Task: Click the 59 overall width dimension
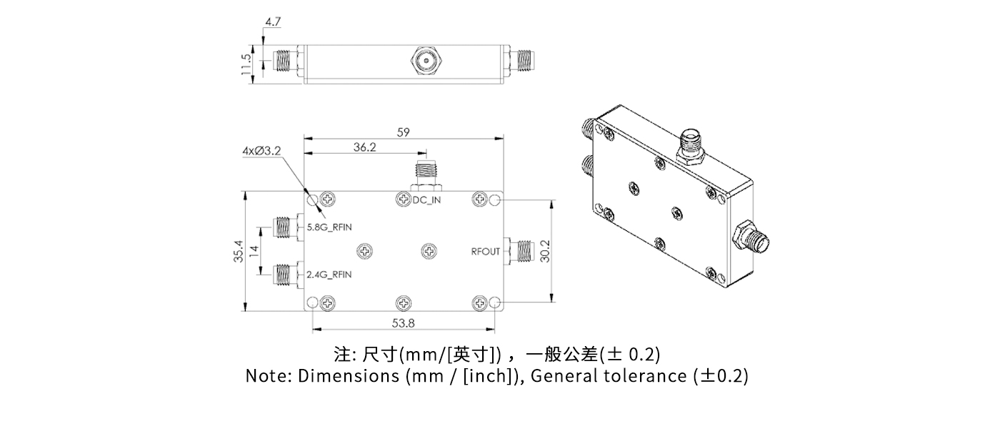404,132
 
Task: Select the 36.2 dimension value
364,147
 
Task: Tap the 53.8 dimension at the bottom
404,323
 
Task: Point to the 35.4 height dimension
239,251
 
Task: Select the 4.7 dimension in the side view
273,21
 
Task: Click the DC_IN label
426,200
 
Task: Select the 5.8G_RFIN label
329,227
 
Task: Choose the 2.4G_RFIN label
329,275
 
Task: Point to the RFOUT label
485,252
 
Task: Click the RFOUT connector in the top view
521,251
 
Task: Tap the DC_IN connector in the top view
426,172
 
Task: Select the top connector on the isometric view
691,144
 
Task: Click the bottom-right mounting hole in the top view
495,303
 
